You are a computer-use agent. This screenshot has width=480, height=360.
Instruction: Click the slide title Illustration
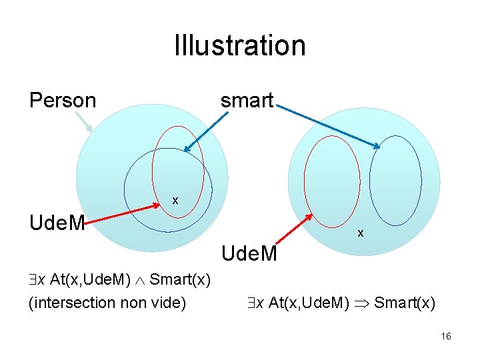[239, 45]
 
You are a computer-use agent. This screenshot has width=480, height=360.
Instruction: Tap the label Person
[63, 101]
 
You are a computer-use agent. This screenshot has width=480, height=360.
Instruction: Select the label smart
[247, 101]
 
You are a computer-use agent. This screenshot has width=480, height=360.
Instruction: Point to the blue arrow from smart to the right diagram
[327, 125]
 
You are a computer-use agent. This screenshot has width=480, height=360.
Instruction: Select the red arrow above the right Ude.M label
[294, 230]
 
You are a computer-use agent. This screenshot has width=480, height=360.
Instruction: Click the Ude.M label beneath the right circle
[249, 254]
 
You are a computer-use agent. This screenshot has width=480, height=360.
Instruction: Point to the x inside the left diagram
[175, 200]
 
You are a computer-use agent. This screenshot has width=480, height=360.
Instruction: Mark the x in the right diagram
[361, 233]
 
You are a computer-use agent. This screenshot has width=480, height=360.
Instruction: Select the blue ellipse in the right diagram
[395, 180]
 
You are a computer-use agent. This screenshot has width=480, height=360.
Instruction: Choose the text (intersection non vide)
[107, 303]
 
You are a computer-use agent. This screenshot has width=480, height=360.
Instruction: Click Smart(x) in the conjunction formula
[181, 279]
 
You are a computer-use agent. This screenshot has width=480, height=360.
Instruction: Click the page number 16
[446, 337]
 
